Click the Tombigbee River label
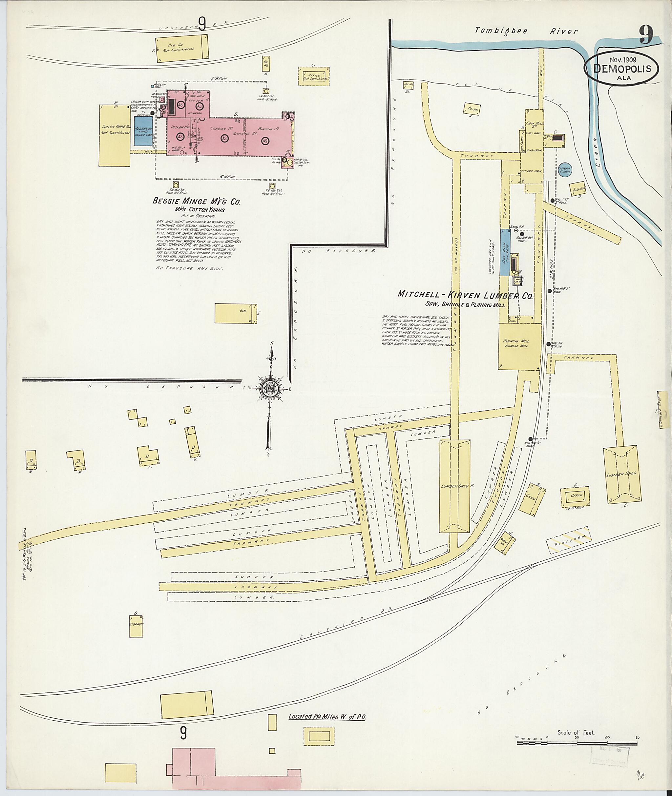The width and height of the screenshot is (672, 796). tap(526, 31)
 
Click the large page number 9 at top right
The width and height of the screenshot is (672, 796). tap(646, 36)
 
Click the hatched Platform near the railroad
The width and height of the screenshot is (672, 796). tap(570, 540)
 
